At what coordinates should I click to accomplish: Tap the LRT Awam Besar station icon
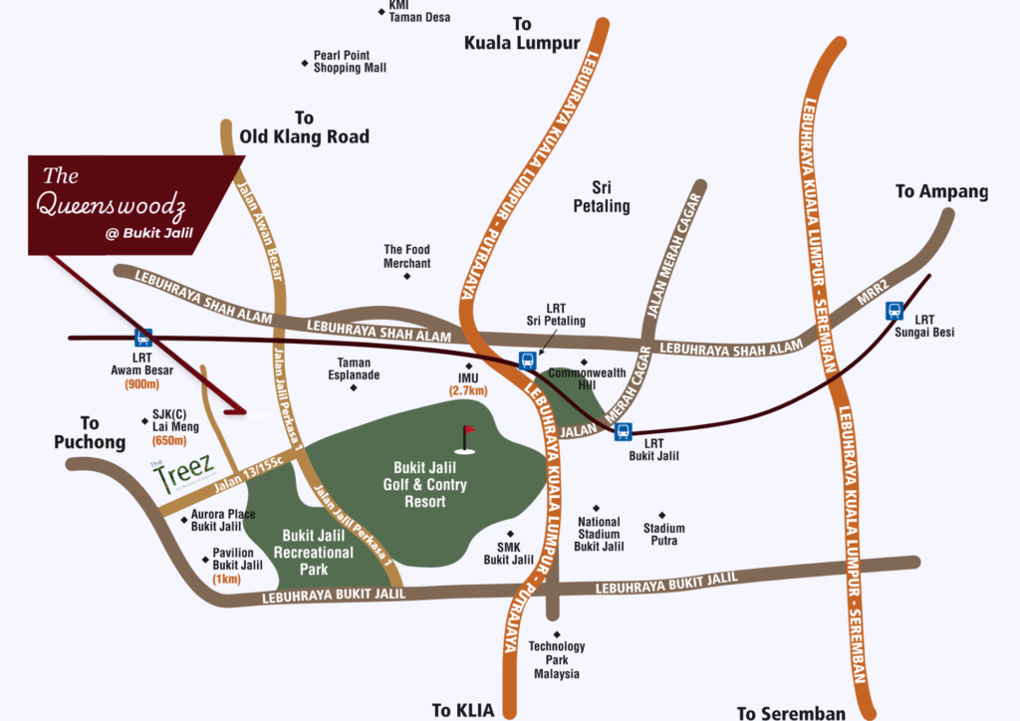pos(143,338)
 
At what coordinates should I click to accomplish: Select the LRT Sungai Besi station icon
pos(894,310)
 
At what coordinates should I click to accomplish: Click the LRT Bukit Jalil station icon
pos(623,431)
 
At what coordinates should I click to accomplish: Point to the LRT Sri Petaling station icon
pos(526,360)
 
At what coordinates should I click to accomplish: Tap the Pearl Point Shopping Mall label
pos(349,62)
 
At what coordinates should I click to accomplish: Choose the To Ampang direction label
pos(941,191)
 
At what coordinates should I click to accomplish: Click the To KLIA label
pos(460,710)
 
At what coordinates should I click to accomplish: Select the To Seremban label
pos(791,712)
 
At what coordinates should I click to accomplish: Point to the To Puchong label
pos(90,432)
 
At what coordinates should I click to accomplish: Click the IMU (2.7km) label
pos(468,384)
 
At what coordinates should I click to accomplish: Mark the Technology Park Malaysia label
pos(557,660)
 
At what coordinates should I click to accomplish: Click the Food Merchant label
pos(407,257)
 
